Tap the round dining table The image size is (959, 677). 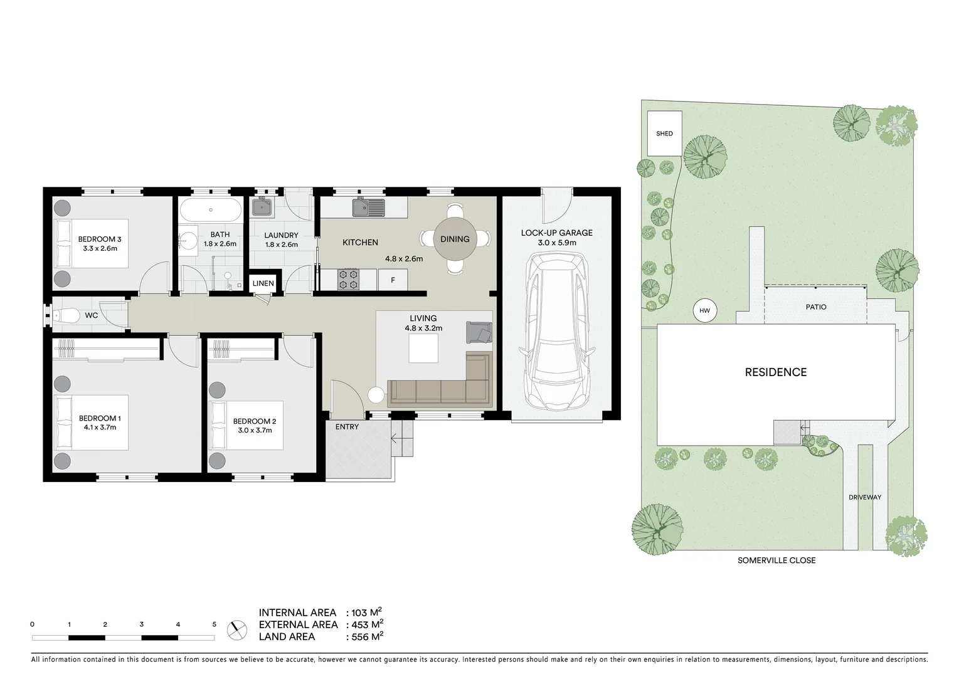click(455, 239)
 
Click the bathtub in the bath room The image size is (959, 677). click(211, 210)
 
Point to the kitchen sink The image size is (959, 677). click(368, 207)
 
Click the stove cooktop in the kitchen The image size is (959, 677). click(349, 280)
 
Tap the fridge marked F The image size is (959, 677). click(393, 280)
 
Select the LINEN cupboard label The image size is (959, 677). click(263, 283)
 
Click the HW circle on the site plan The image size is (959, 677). click(704, 310)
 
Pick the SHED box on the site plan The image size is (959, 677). click(664, 134)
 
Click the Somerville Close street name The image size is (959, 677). click(776, 560)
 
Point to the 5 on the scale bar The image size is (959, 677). click(215, 624)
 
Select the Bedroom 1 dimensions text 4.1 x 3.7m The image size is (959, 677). click(100, 428)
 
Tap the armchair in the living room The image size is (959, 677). click(479, 332)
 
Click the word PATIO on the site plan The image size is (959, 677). click(816, 307)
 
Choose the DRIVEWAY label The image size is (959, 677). click(865, 497)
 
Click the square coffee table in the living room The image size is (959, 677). click(423, 348)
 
